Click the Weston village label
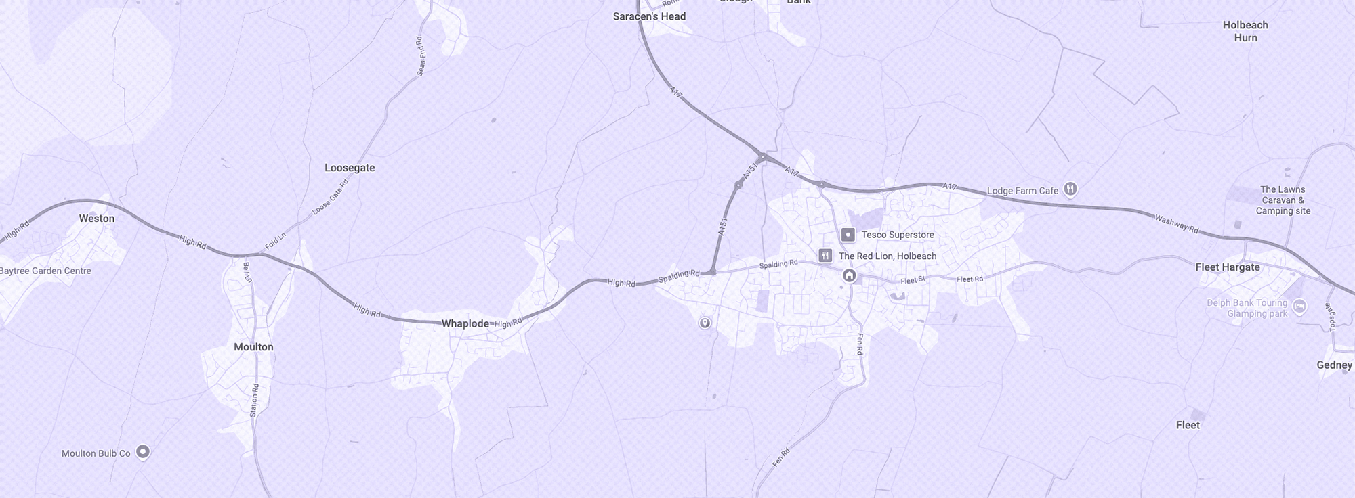click(x=97, y=219)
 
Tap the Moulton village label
click(x=253, y=347)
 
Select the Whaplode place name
click(x=465, y=324)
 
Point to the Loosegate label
click(x=350, y=168)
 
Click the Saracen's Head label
click(x=649, y=16)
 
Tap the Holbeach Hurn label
click(x=1245, y=31)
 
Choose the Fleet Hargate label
click(x=1227, y=267)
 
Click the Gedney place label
click(x=1334, y=365)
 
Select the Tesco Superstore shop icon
click(x=848, y=235)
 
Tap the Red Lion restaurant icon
click(x=825, y=256)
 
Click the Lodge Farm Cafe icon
click(x=1070, y=189)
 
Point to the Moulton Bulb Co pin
click(x=143, y=451)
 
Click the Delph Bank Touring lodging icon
click(x=1299, y=307)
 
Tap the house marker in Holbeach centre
click(x=849, y=275)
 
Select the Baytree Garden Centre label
click(x=45, y=271)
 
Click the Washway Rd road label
click(x=1176, y=225)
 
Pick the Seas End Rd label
click(x=421, y=55)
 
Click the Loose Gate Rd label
click(x=330, y=198)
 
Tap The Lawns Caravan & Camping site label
click(x=1283, y=200)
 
